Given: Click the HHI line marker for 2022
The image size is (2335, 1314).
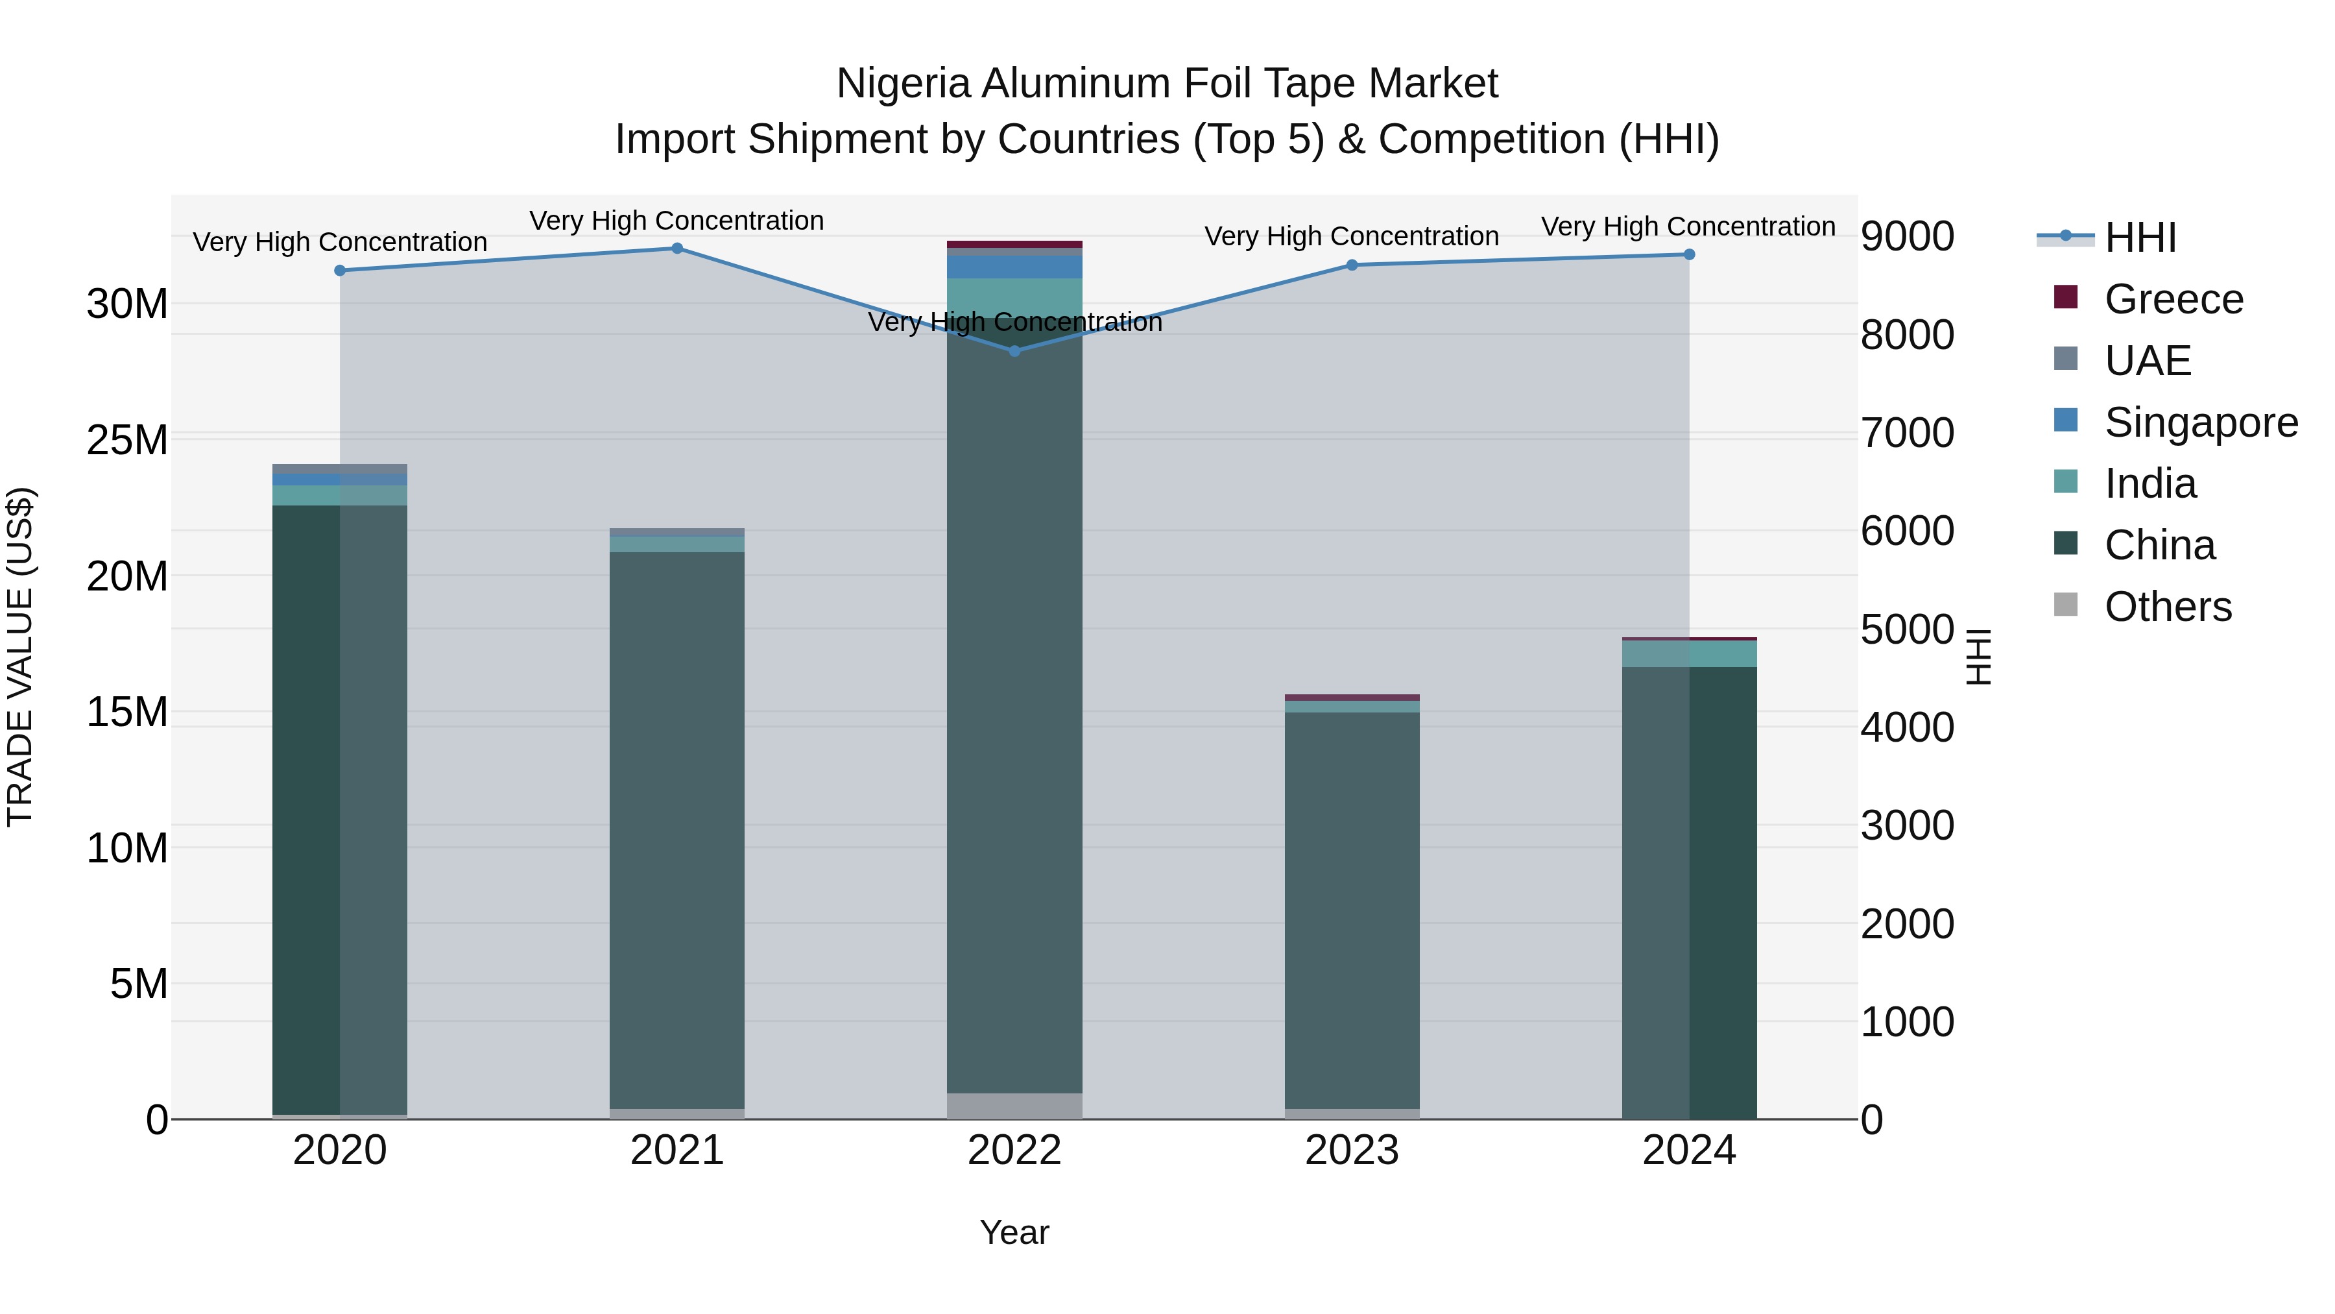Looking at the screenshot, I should [x=1014, y=351].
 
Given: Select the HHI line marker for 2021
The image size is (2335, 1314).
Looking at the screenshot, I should [x=677, y=249].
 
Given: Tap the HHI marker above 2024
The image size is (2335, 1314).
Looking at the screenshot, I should [x=1689, y=255].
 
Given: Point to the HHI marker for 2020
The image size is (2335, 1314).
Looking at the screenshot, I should [x=340, y=270].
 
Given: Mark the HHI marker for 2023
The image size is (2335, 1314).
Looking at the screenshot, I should [x=1352, y=265].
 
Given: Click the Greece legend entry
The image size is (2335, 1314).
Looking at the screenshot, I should [x=2173, y=299].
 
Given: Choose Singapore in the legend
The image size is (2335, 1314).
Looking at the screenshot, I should [x=2200, y=422].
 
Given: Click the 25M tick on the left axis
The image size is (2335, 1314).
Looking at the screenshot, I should [x=127, y=441].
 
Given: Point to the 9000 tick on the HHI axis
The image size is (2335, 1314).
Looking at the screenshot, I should [x=1907, y=237].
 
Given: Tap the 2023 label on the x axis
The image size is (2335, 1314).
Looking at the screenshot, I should [x=1352, y=1150].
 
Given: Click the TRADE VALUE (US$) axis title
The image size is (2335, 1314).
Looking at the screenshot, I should [x=20, y=657].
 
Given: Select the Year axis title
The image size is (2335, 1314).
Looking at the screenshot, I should [x=1014, y=1232].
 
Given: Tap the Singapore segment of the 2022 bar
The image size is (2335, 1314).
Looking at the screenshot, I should [x=1014, y=267].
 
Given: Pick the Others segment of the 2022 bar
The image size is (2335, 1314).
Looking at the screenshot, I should [x=1014, y=1106].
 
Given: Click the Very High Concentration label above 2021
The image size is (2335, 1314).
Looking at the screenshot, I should [x=677, y=221].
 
